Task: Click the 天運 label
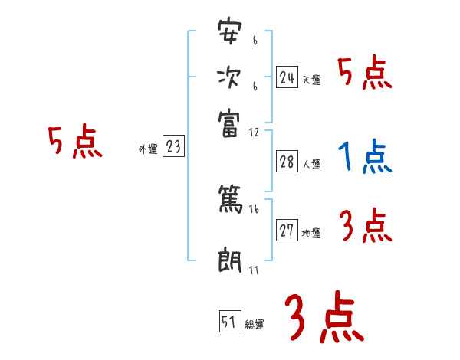[x=311, y=80]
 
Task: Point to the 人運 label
[x=311, y=164]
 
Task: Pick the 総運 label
[x=255, y=325]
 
